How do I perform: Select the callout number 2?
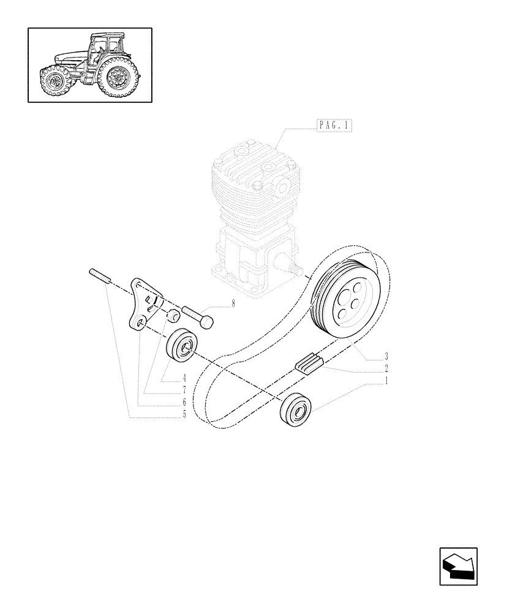click(386, 369)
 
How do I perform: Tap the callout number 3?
click(386, 356)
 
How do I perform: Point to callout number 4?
click(183, 379)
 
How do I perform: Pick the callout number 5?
click(183, 414)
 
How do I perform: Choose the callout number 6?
click(183, 403)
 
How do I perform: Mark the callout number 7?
click(183, 390)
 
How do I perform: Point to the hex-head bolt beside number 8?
click(197, 316)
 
